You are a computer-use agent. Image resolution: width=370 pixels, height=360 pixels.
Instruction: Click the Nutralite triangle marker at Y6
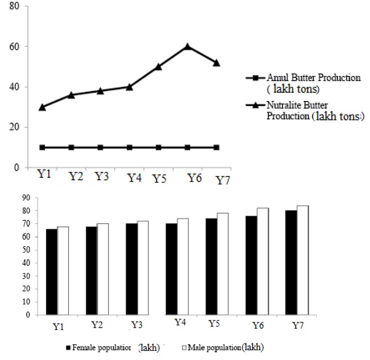click(x=187, y=46)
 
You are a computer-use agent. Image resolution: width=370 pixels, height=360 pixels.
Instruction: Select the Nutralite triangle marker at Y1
click(x=43, y=107)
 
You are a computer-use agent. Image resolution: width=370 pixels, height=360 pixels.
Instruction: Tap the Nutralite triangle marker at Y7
click(x=216, y=63)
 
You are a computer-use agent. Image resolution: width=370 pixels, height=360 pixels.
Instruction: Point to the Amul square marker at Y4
click(x=129, y=147)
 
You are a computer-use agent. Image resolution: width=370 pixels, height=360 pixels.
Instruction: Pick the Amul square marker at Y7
click(x=216, y=147)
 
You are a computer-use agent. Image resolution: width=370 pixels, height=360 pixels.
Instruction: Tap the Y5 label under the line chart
click(x=160, y=179)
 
